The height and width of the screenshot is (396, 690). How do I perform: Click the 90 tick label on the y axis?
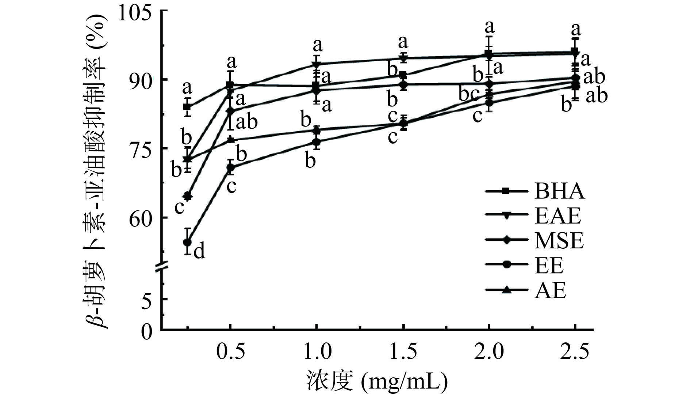click(142, 80)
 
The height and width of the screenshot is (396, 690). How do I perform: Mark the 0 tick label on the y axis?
click(147, 331)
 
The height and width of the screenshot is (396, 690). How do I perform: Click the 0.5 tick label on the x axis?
click(230, 352)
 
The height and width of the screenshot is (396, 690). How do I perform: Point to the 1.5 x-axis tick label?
click(403, 352)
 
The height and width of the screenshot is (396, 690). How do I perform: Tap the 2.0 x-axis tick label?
click(489, 352)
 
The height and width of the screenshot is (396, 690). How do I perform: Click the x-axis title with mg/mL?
click(376, 381)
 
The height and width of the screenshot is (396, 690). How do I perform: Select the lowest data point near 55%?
click(188, 242)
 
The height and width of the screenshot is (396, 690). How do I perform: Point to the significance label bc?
click(469, 94)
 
